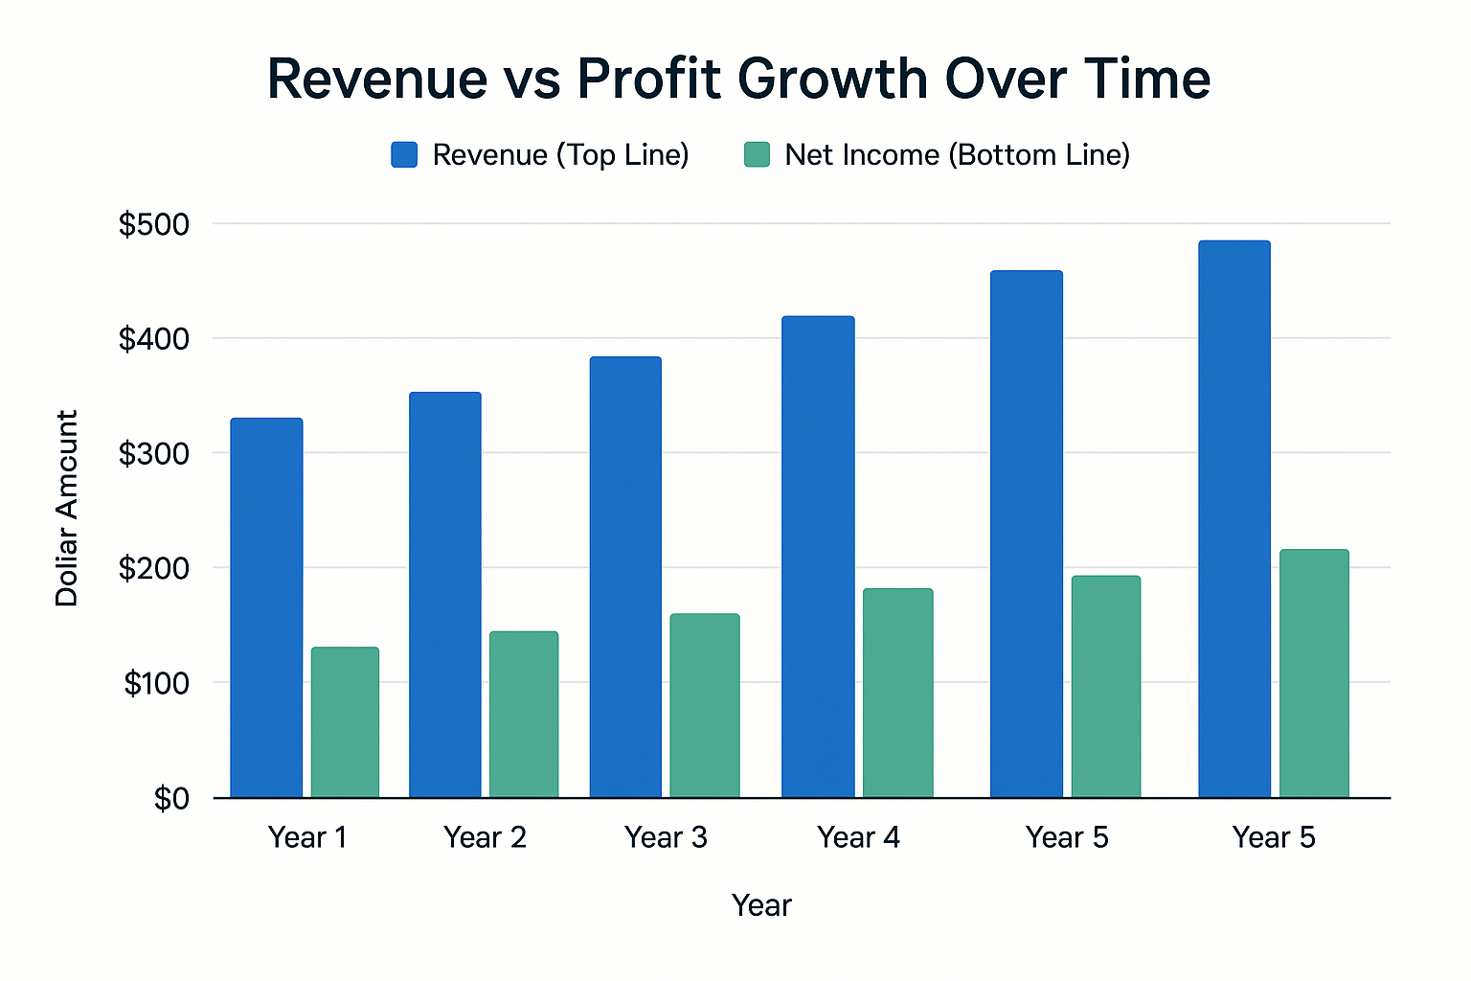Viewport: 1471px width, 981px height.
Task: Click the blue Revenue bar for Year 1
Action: click(x=266, y=607)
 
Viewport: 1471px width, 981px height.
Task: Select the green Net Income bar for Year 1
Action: click(x=345, y=722)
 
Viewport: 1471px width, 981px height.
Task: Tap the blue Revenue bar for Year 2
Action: click(x=445, y=594)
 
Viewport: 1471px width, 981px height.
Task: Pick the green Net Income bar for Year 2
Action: click(x=524, y=715)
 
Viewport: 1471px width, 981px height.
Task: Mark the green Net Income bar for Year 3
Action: click(x=705, y=705)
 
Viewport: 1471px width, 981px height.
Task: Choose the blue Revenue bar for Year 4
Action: click(x=818, y=556)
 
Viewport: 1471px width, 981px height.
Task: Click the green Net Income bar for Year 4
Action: click(x=897, y=693)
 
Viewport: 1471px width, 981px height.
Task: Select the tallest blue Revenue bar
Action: click(x=1234, y=518)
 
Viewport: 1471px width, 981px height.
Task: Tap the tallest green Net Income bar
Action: click(x=1314, y=673)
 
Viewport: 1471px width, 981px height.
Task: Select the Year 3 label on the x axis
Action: click(x=666, y=838)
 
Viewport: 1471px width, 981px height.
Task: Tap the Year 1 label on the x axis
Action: click(x=307, y=838)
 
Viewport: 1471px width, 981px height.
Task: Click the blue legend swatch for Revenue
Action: click(x=404, y=155)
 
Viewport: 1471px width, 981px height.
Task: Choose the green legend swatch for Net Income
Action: click(x=757, y=155)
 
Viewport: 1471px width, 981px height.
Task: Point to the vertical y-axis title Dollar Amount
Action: click(x=66, y=508)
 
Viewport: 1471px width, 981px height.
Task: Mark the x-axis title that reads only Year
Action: click(x=761, y=905)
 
